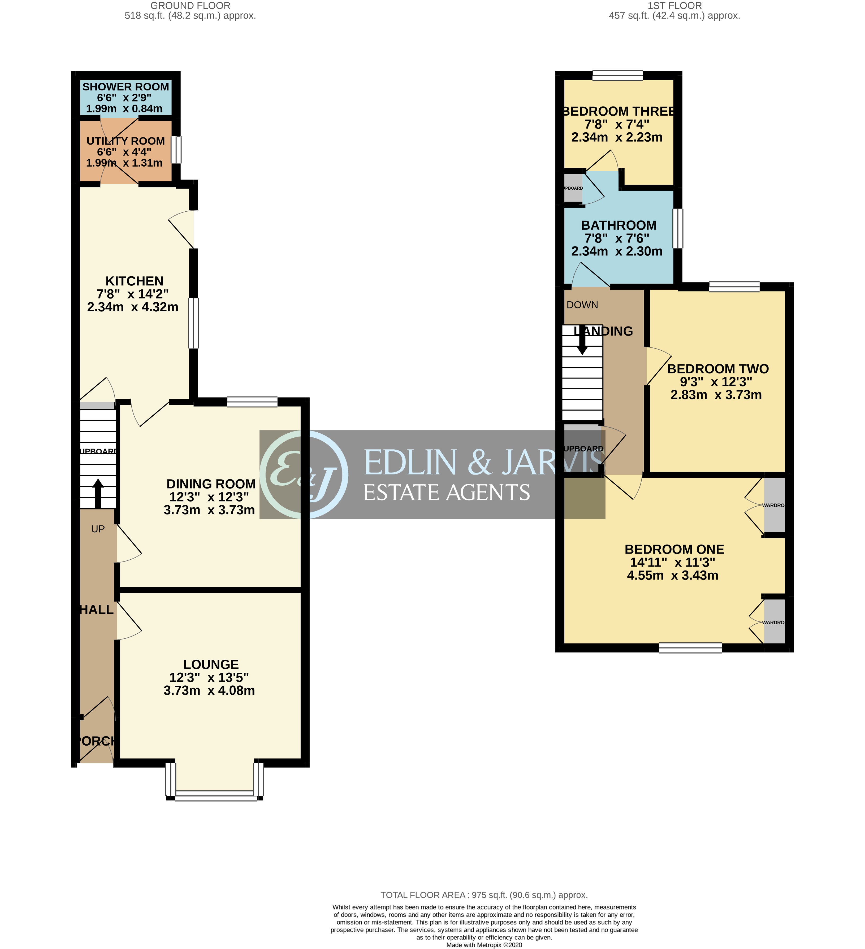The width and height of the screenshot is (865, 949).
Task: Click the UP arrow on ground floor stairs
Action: [98, 493]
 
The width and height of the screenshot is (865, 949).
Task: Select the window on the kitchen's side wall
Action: [193, 323]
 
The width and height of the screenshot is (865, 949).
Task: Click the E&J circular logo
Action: [304, 474]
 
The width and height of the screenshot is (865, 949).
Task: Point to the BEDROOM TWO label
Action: [718, 369]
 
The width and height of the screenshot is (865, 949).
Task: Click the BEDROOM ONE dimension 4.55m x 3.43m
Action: [672, 575]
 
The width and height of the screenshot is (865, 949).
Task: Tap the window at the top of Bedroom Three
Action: [617, 75]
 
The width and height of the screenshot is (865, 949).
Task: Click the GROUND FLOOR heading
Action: [190, 6]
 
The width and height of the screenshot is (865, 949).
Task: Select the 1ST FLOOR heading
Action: [674, 6]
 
